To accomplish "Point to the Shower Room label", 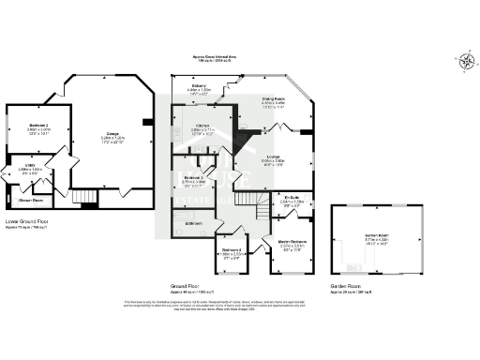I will pos(31,200).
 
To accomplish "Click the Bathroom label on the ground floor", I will pos(193,223).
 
